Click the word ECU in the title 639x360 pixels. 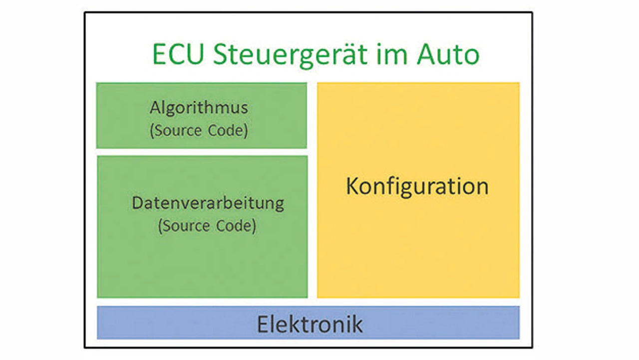pos(179,54)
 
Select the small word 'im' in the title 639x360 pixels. pos(388,54)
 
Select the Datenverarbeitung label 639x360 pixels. pos(208,204)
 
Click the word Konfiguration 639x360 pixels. pos(417,186)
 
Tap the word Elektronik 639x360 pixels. pos(310,324)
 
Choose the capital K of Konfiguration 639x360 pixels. pos(352,186)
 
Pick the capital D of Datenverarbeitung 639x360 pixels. pos(138,204)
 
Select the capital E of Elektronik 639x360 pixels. pos(262,324)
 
